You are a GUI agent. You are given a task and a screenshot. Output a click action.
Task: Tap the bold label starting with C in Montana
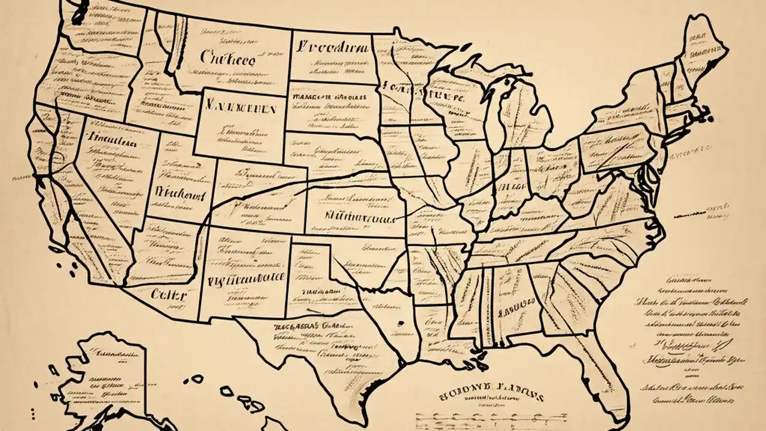click(227, 59)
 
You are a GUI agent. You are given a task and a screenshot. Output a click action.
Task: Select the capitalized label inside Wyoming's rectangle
click(240, 110)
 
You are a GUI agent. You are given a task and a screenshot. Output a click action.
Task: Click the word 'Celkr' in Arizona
click(168, 295)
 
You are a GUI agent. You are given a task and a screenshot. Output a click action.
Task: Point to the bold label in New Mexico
click(245, 278)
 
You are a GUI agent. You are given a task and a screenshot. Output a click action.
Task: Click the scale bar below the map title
click(479, 415)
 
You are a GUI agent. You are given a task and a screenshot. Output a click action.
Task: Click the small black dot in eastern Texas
click(396, 324)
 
